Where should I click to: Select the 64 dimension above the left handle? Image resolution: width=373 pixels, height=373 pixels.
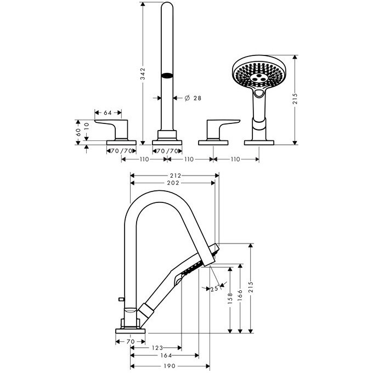click(108, 112)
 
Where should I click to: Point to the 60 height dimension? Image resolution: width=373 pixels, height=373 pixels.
click(78, 129)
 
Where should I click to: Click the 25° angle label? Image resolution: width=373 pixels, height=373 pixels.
click(215, 289)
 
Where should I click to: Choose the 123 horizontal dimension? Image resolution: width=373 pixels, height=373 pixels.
click(157, 348)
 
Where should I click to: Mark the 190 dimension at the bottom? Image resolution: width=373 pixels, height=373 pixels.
click(170, 366)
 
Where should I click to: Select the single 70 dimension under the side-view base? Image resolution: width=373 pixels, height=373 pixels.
click(130, 341)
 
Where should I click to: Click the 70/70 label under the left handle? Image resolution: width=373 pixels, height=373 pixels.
click(120, 150)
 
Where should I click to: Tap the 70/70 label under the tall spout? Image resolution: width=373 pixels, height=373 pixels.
click(166, 150)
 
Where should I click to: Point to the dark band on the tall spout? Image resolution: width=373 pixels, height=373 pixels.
click(166, 76)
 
